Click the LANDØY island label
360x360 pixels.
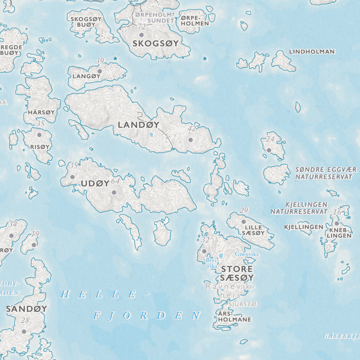click(x=139, y=125)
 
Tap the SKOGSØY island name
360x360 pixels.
click(x=155, y=43)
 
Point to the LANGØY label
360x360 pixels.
click(x=87, y=76)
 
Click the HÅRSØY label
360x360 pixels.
click(x=41, y=112)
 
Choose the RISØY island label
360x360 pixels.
click(x=40, y=147)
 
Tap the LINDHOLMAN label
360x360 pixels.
click(x=312, y=52)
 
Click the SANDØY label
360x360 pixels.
click(x=27, y=308)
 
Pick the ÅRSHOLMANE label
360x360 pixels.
click(x=234, y=316)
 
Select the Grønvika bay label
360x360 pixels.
click(x=247, y=254)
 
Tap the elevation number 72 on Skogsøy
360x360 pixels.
click(x=141, y=27)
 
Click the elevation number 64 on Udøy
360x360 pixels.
click(x=115, y=181)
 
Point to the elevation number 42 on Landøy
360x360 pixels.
click(x=192, y=129)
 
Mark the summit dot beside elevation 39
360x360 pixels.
click(x=100, y=71)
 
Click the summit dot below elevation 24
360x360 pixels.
click(x=269, y=150)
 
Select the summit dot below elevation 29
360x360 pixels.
click(x=244, y=222)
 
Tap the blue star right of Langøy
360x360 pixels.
click(x=115, y=58)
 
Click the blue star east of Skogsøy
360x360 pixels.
click(x=205, y=59)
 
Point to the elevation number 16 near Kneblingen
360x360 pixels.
click(x=337, y=213)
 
